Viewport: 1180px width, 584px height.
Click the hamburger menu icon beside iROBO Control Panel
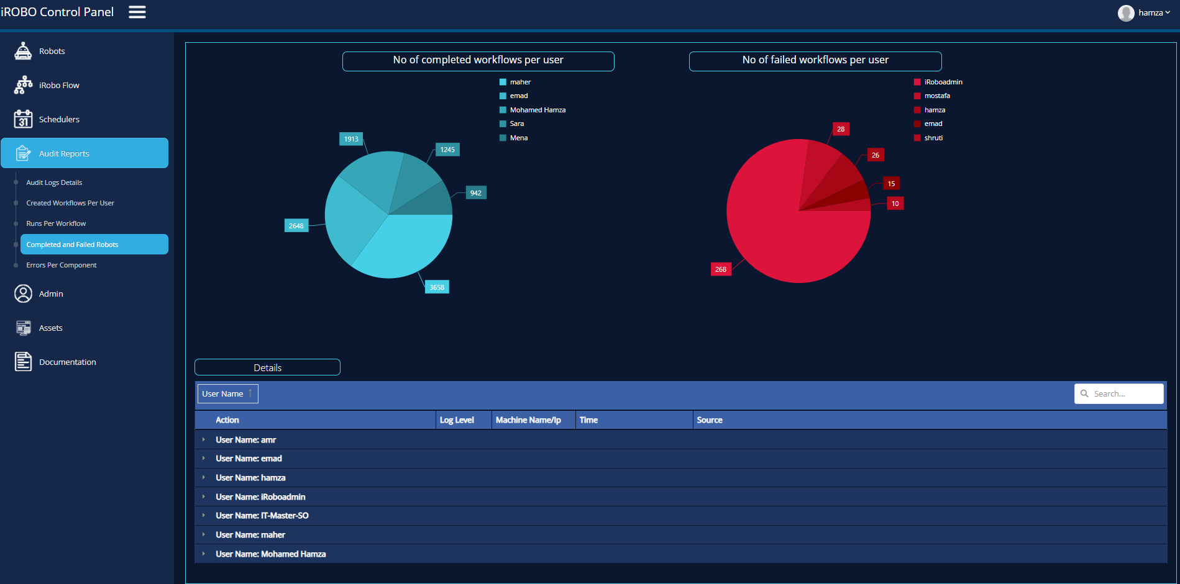click(x=137, y=12)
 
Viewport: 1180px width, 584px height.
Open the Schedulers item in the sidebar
click(x=59, y=119)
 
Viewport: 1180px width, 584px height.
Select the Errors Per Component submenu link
click(x=62, y=265)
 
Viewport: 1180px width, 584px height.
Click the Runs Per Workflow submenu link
click(x=56, y=223)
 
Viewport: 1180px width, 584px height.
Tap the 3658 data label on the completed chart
click(x=437, y=287)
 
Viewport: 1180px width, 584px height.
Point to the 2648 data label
click(x=296, y=226)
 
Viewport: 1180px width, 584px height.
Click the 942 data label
click(x=476, y=193)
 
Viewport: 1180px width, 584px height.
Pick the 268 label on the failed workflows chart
click(x=721, y=269)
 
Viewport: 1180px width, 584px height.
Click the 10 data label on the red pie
click(x=895, y=204)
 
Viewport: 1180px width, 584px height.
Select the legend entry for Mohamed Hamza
click(x=537, y=110)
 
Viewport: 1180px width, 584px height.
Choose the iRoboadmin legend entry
click(x=943, y=82)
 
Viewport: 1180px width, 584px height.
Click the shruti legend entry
click(x=933, y=138)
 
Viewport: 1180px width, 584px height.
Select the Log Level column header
click(x=457, y=420)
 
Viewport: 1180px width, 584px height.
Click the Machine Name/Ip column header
click(x=528, y=420)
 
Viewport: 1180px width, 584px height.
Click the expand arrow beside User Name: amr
click(x=203, y=439)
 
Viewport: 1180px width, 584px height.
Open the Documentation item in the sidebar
click(x=67, y=362)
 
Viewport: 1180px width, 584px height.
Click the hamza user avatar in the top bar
click(x=1126, y=13)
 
